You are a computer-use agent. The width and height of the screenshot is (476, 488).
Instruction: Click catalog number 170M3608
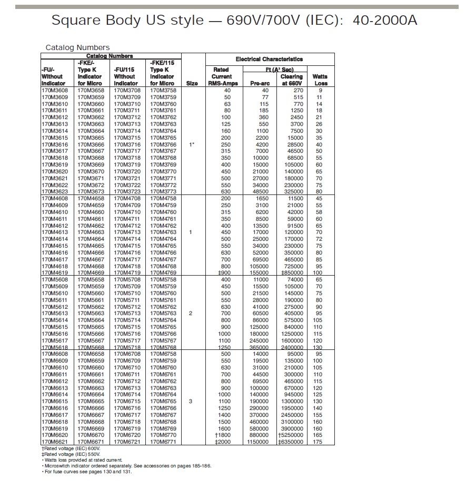pos(54,91)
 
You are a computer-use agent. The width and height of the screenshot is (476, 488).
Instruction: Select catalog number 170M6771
pos(163,442)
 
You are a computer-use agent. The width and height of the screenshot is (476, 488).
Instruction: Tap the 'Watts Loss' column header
pos(320,80)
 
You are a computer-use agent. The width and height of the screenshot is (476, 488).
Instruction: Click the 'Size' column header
pos(192,83)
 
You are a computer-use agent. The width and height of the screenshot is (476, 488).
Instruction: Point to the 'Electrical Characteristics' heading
pos(269,59)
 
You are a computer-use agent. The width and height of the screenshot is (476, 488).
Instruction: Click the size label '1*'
pos(192,144)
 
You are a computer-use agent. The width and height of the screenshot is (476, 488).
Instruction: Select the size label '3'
pos(191,401)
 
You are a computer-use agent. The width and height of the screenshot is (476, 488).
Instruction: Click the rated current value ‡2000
pos(224,442)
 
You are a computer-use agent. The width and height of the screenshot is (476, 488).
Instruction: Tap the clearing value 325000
pos(293,192)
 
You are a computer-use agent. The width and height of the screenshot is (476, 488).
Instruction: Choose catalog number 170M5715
pos(127,327)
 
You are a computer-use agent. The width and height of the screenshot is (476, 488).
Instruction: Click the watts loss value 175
pos(318,442)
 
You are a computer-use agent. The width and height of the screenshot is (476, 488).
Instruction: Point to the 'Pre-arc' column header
pos(260,83)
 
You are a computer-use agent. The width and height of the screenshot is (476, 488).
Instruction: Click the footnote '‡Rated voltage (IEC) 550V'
pos(71,454)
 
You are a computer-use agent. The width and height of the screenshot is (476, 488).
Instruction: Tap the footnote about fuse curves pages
pos(87,472)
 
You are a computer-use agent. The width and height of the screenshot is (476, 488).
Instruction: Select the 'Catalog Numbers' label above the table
pos(77,47)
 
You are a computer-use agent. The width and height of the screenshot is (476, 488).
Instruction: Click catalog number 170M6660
pos(91,367)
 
